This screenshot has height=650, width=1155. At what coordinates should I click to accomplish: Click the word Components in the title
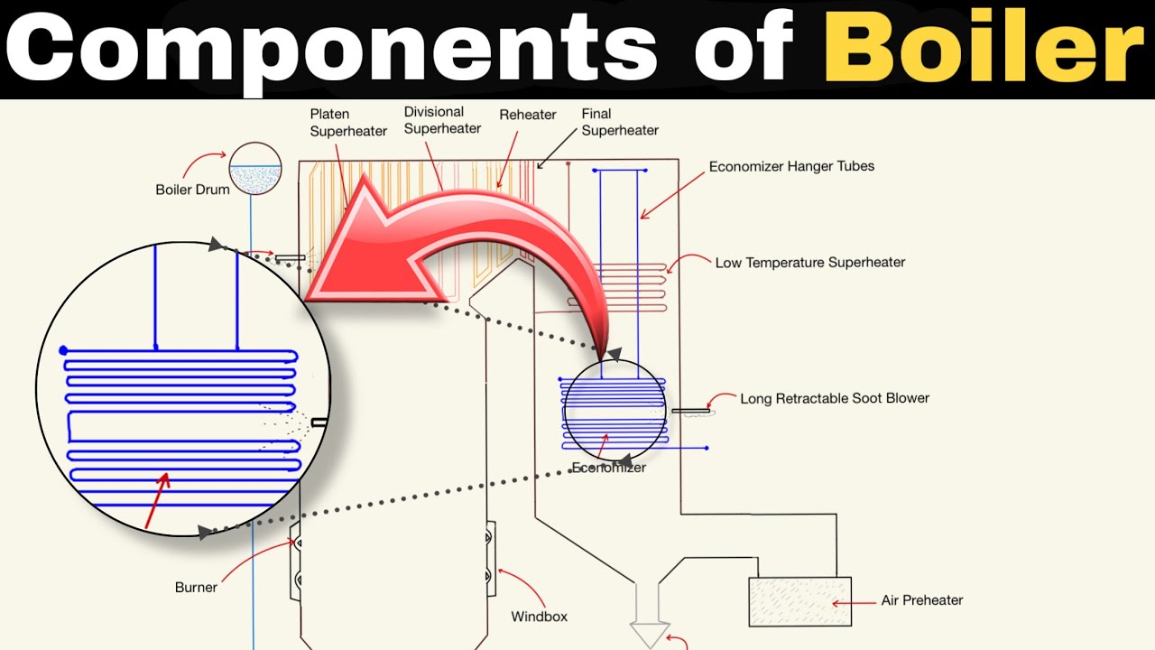click(x=331, y=48)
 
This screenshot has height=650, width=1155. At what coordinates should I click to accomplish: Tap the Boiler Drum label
click(x=193, y=190)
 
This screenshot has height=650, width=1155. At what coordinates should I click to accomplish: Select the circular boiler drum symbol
click(x=255, y=169)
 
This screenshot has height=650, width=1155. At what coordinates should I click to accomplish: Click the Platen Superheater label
click(x=348, y=122)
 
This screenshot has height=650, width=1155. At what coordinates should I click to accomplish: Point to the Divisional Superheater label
click(x=442, y=120)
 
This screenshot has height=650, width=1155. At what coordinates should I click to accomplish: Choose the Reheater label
click(x=528, y=115)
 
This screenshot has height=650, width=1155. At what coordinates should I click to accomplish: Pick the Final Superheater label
click(x=620, y=122)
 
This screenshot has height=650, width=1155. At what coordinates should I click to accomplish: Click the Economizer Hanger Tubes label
click(x=791, y=166)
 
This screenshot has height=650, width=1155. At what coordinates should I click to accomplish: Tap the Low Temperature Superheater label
click(x=810, y=263)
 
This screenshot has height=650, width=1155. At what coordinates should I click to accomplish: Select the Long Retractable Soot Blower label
click(x=835, y=398)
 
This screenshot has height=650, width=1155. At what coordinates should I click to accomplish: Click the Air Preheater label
click(x=922, y=600)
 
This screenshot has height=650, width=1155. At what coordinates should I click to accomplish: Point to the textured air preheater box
click(x=799, y=601)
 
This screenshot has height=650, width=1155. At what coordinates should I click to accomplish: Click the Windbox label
click(x=539, y=617)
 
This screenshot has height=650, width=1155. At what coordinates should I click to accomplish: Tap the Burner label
click(x=196, y=588)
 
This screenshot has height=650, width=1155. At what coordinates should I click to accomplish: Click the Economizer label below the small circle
click(x=609, y=468)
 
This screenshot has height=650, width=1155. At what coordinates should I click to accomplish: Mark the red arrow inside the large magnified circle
click(x=157, y=500)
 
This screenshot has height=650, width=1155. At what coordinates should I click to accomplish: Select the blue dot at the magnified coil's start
click(x=63, y=351)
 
